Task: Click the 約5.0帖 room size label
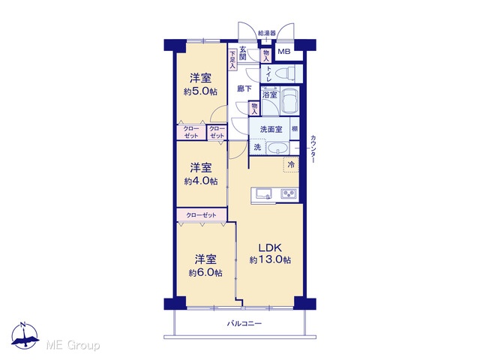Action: click(x=200, y=91)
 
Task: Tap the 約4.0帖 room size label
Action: click(x=201, y=181)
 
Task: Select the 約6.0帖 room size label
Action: click(x=205, y=273)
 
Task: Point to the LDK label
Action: click(x=270, y=247)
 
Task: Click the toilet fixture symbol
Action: click(x=285, y=73)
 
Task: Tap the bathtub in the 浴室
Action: click(x=289, y=100)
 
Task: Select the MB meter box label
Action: click(x=283, y=52)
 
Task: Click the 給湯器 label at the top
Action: click(x=267, y=33)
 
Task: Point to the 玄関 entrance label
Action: click(x=243, y=53)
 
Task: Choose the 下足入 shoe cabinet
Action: click(x=232, y=59)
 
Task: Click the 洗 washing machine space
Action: click(x=258, y=147)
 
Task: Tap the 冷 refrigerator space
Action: click(x=291, y=164)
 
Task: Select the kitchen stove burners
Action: click(x=289, y=193)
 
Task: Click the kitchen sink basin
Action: click(x=264, y=193)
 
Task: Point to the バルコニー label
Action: click(x=244, y=323)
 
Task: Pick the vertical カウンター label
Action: click(x=313, y=148)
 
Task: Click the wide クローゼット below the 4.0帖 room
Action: click(x=202, y=214)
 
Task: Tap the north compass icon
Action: click(x=25, y=335)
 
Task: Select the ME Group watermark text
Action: click(x=73, y=346)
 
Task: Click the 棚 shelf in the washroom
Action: click(x=294, y=129)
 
